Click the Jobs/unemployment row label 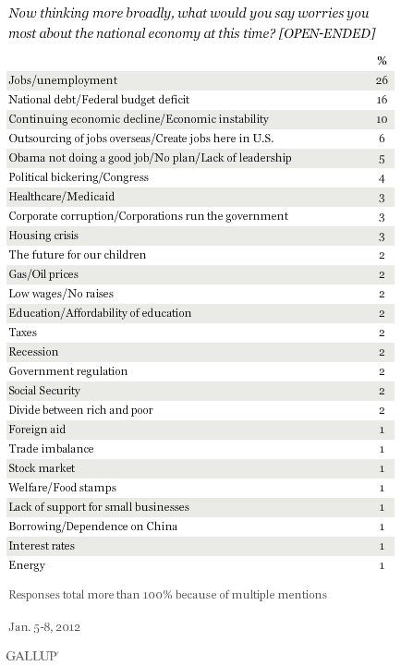[x=63, y=80]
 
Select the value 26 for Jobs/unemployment [x=382, y=80]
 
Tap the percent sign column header [x=382, y=61]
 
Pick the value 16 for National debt [x=382, y=100]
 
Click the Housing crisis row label [x=43, y=236]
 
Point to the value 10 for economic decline [x=382, y=119]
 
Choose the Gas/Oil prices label [x=43, y=274]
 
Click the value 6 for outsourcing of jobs [x=382, y=139]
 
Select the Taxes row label [x=22, y=333]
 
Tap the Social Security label [x=44, y=391]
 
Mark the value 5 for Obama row [x=382, y=159]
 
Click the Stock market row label [x=42, y=468]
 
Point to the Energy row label [x=27, y=565]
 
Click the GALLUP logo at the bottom [x=32, y=656]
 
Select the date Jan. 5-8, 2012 [x=44, y=627]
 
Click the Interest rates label [x=42, y=546]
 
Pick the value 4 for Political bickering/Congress [x=382, y=178]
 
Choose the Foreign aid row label [x=37, y=430]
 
